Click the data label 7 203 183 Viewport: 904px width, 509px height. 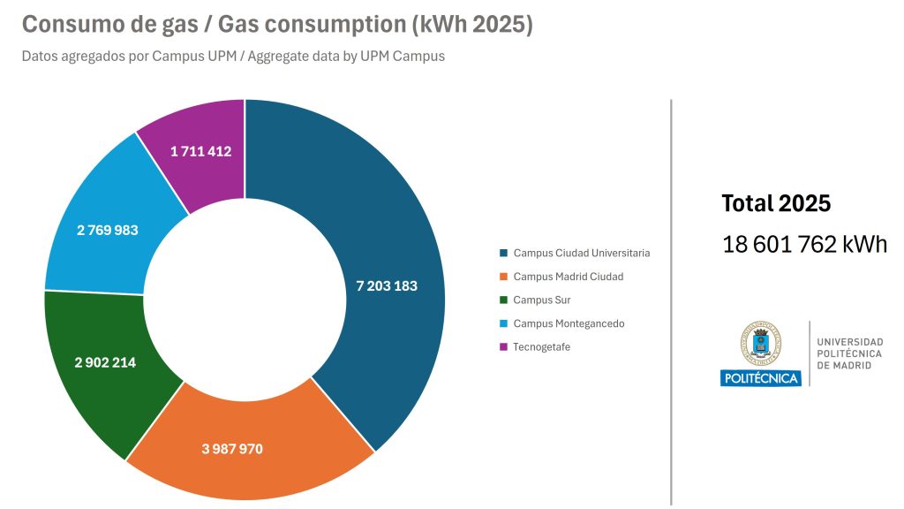click(387, 286)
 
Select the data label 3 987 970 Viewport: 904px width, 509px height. click(232, 449)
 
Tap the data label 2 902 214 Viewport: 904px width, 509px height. click(106, 362)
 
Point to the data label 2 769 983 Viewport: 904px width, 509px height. click(108, 231)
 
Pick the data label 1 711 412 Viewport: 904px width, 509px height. click(201, 151)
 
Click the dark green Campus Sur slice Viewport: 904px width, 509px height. click(97, 389)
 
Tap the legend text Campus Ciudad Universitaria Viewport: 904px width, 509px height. click(582, 253)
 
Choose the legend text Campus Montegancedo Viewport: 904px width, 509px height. click(569, 323)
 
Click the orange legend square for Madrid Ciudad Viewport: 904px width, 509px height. click(503, 277)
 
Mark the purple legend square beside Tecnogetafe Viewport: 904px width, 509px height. click(503, 347)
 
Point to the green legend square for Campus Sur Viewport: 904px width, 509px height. click(503, 300)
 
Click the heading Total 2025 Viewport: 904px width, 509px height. click(776, 203)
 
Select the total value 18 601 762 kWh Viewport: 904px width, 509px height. click(804, 245)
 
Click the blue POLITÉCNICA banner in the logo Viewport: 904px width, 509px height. click(760, 378)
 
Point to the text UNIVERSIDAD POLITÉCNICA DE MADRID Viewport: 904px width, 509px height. click(849, 353)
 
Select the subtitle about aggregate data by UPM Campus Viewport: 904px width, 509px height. click(233, 57)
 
